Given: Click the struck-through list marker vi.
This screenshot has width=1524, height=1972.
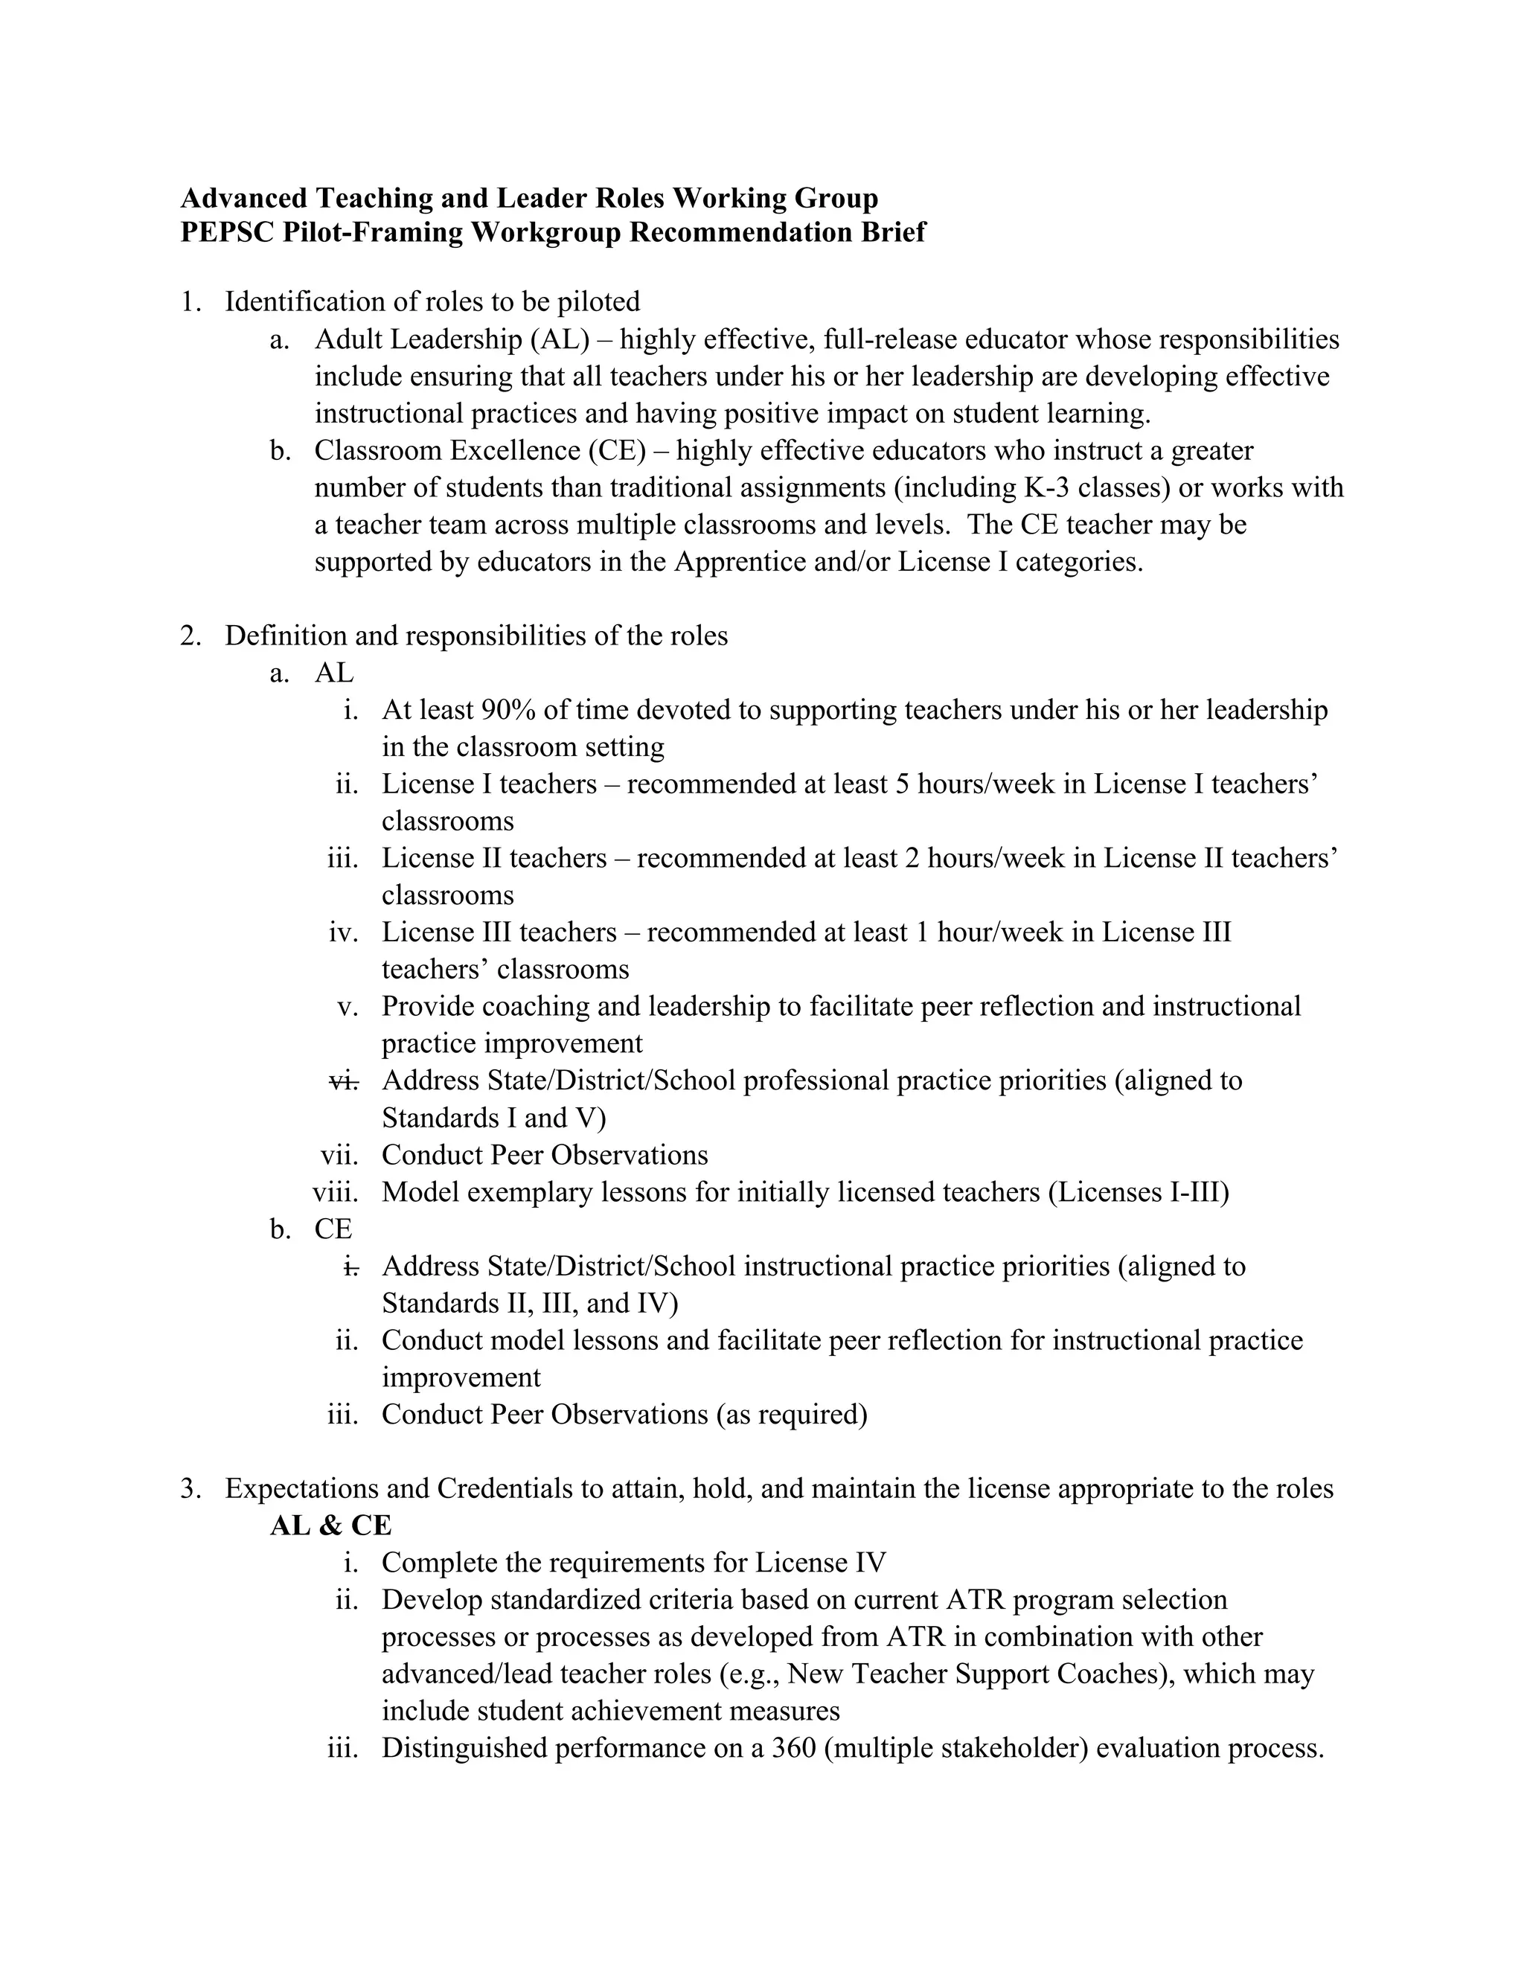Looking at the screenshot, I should pos(344,1080).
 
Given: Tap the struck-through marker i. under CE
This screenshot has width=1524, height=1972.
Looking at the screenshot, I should pos(351,1266).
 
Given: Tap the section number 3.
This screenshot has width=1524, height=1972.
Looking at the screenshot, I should pos(190,1488).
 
